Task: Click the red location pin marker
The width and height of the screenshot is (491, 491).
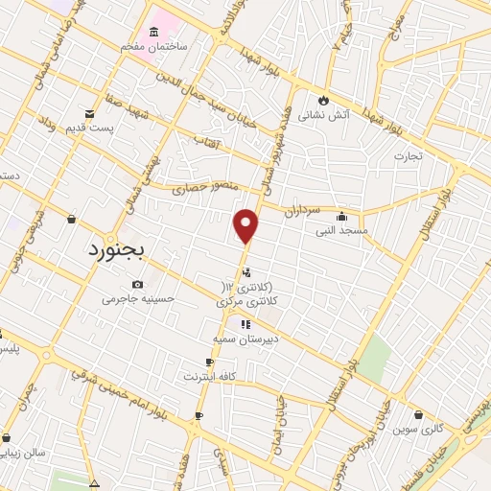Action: [246, 226]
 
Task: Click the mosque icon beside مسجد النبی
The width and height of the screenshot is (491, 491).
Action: [340, 216]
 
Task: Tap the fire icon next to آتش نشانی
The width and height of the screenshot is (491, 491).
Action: [323, 99]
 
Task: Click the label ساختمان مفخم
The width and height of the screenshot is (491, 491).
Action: [160, 46]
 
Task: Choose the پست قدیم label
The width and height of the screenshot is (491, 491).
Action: [114, 128]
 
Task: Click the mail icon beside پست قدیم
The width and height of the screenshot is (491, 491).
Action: [91, 113]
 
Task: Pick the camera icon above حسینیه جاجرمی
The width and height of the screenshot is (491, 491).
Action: [139, 284]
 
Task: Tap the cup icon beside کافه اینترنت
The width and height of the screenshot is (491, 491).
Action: [209, 362]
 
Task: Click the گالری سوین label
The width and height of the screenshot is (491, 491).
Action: [417, 429]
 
